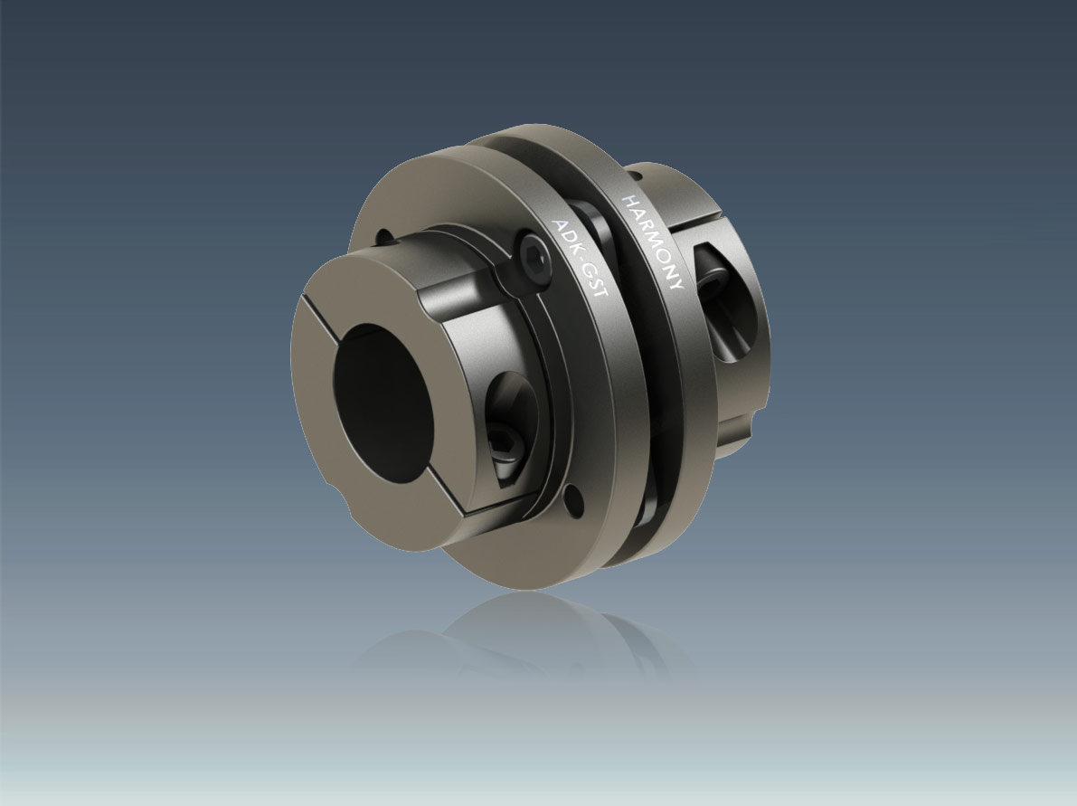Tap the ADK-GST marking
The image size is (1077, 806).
coord(581,258)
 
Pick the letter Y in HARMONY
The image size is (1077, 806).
coord(675,283)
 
